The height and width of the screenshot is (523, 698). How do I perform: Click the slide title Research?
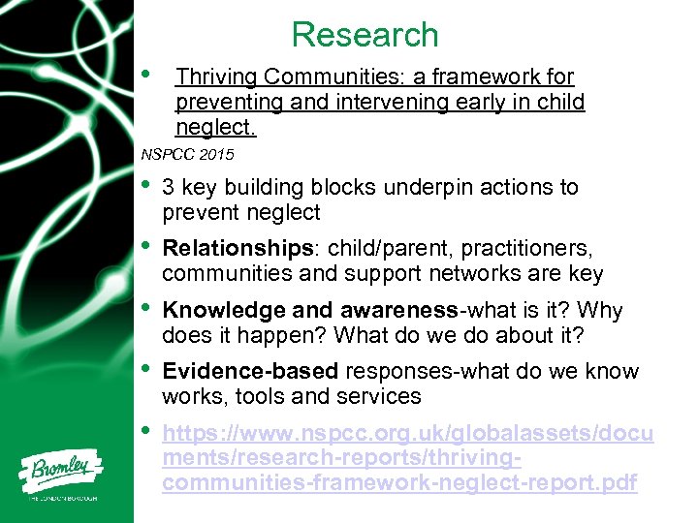365,35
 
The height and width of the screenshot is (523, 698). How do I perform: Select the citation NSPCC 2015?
187,154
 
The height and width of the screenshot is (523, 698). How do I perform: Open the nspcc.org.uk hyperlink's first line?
407,434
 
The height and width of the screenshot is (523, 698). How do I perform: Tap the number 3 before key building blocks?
169,188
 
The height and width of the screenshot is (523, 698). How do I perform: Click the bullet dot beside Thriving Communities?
145,74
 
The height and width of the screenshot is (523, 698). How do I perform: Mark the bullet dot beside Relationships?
145,246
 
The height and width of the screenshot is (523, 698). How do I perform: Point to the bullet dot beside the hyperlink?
145,430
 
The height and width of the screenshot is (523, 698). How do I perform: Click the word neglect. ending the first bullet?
215,128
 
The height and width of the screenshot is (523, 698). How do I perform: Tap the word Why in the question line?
601,311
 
